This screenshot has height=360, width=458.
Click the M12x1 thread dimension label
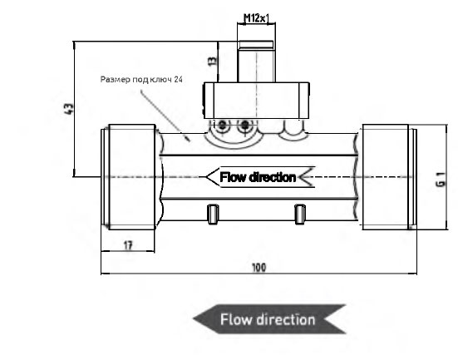[x=256, y=18]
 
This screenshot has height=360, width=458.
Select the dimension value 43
[x=70, y=109]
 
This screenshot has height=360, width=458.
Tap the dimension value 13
[x=214, y=61]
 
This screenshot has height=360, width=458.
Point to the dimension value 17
[x=128, y=245]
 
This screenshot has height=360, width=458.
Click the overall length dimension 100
[x=259, y=268]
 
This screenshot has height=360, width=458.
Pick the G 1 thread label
[x=441, y=180]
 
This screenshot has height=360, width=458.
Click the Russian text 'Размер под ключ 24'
[x=141, y=80]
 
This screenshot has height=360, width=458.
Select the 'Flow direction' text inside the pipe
[x=258, y=177]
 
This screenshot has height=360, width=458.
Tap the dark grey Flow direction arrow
[x=269, y=319]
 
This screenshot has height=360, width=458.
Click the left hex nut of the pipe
[x=132, y=177]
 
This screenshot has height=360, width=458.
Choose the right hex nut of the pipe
[x=386, y=177]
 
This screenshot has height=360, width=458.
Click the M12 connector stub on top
[x=256, y=62]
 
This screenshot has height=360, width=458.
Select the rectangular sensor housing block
[x=256, y=101]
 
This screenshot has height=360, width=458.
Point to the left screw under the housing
[x=223, y=126]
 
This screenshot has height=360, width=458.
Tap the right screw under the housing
[x=244, y=126]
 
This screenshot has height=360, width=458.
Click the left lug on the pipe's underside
[x=213, y=215]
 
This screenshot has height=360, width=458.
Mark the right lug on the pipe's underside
[x=300, y=215]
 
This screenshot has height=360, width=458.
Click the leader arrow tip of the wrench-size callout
[x=190, y=141]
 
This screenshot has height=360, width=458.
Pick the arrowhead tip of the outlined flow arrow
[x=206, y=177]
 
